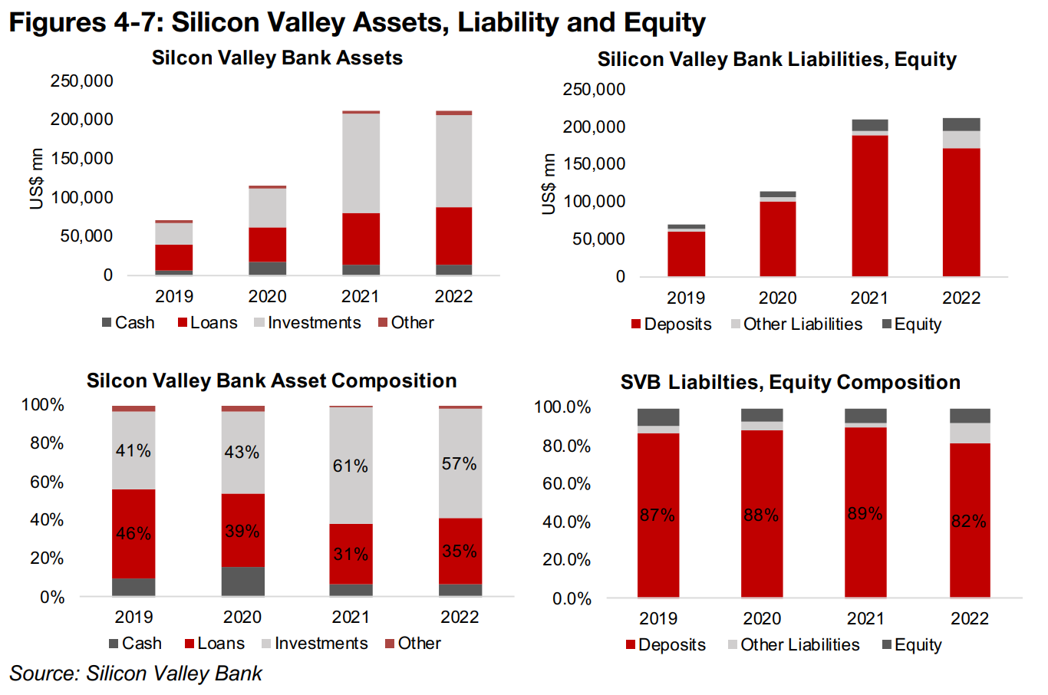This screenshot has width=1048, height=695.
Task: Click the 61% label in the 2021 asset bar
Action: pyautogui.click(x=350, y=466)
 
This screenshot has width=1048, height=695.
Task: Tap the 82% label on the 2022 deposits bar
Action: pyautogui.click(x=968, y=522)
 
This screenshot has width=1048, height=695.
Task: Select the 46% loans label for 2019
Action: pyautogui.click(x=133, y=533)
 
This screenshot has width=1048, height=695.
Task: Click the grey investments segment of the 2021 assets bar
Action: pyautogui.click(x=361, y=163)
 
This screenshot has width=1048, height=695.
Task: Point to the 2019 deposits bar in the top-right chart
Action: pyautogui.click(x=686, y=253)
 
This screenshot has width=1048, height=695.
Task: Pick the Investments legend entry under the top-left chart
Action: pyautogui.click(x=307, y=323)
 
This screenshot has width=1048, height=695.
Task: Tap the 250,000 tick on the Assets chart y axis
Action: pyautogui.click(x=81, y=81)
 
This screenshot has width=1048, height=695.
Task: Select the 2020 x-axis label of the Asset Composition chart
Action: pyautogui.click(x=242, y=617)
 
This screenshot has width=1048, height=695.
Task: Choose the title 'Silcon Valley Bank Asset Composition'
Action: pyautogui.click(x=272, y=380)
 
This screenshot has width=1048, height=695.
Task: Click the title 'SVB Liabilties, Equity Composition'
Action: pyautogui.click(x=790, y=382)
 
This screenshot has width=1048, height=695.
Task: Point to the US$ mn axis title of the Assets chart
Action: pyautogui.click(x=36, y=180)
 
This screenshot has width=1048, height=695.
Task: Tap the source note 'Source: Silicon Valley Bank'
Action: pyautogui.click(x=136, y=674)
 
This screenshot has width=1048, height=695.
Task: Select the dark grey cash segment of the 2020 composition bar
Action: pyautogui.click(x=242, y=581)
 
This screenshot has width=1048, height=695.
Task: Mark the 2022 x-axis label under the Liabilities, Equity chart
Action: pyautogui.click(x=961, y=298)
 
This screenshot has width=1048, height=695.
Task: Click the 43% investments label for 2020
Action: pyautogui.click(x=242, y=453)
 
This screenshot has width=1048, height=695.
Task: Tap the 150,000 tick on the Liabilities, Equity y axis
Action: pyautogui.click(x=594, y=164)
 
